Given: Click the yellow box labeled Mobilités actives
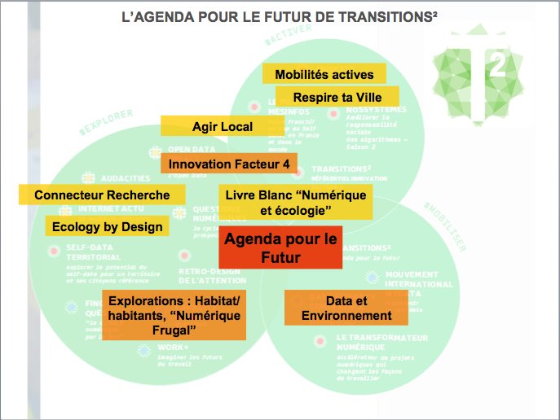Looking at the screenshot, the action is pos(324,75).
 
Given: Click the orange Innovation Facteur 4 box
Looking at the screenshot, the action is pos(230,163).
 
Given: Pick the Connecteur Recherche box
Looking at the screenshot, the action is pos(102,195).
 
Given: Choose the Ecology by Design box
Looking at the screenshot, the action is pos(107,227).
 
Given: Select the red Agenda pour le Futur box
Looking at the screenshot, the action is pos(280,248).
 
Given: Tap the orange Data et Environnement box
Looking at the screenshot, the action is pos(347,307).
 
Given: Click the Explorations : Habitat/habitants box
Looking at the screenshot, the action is pos(174,314).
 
